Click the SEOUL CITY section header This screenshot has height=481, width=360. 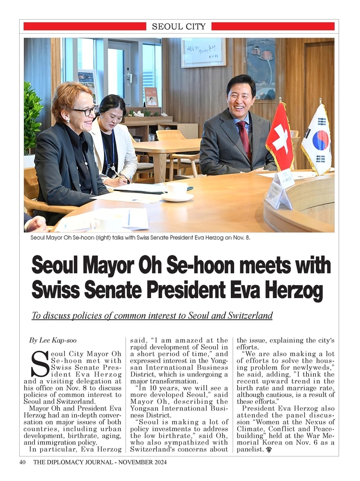tap(179, 27)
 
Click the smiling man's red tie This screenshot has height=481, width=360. tap(244, 140)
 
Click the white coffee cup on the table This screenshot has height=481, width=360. tap(177, 191)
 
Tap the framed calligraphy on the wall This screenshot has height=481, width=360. tap(203, 52)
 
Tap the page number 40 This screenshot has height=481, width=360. tap(22, 462)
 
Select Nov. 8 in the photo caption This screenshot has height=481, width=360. tap(240, 238)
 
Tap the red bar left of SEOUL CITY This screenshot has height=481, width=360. tap(84, 26)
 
